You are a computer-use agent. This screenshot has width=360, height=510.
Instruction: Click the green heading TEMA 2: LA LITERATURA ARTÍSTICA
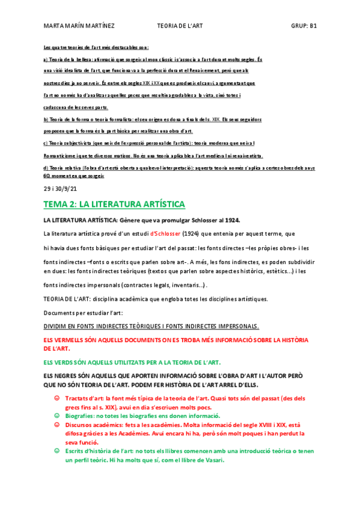(114, 204)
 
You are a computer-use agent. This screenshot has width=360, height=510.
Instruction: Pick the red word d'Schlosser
(166, 233)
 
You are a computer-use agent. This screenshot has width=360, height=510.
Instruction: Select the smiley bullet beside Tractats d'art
(57, 398)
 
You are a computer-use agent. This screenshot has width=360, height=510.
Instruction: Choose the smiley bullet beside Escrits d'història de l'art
(57, 451)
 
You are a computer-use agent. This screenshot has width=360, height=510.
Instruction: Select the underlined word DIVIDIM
(58, 327)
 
